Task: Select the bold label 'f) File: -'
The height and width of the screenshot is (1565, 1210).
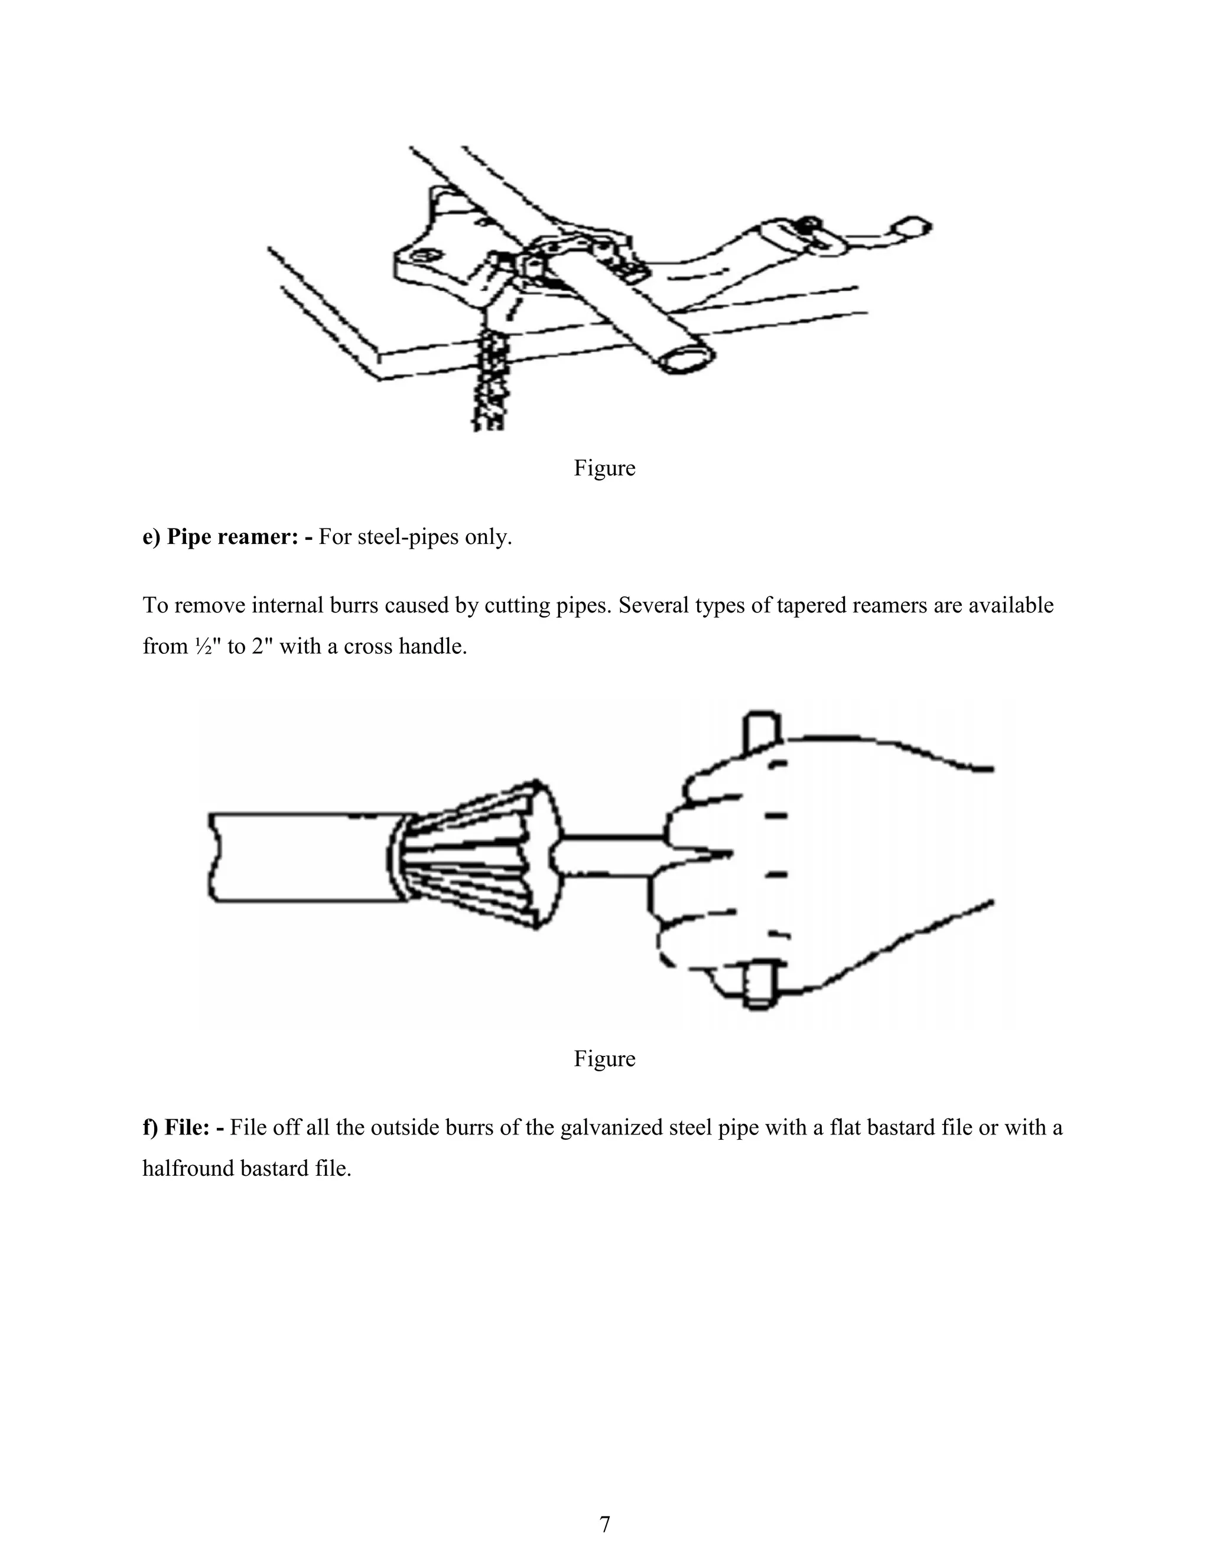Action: pyautogui.click(x=183, y=1127)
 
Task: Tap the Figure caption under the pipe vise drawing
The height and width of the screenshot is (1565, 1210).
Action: pyautogui.click(x=604, y=468)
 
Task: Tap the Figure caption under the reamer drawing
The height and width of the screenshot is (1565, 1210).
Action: pyautogui.click(x=604, y=1058)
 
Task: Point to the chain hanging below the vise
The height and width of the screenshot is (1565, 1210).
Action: pyautogui.click(x=490, y=380)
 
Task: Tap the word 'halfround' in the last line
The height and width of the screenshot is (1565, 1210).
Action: pyautogui.click(x=188, y=1168)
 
